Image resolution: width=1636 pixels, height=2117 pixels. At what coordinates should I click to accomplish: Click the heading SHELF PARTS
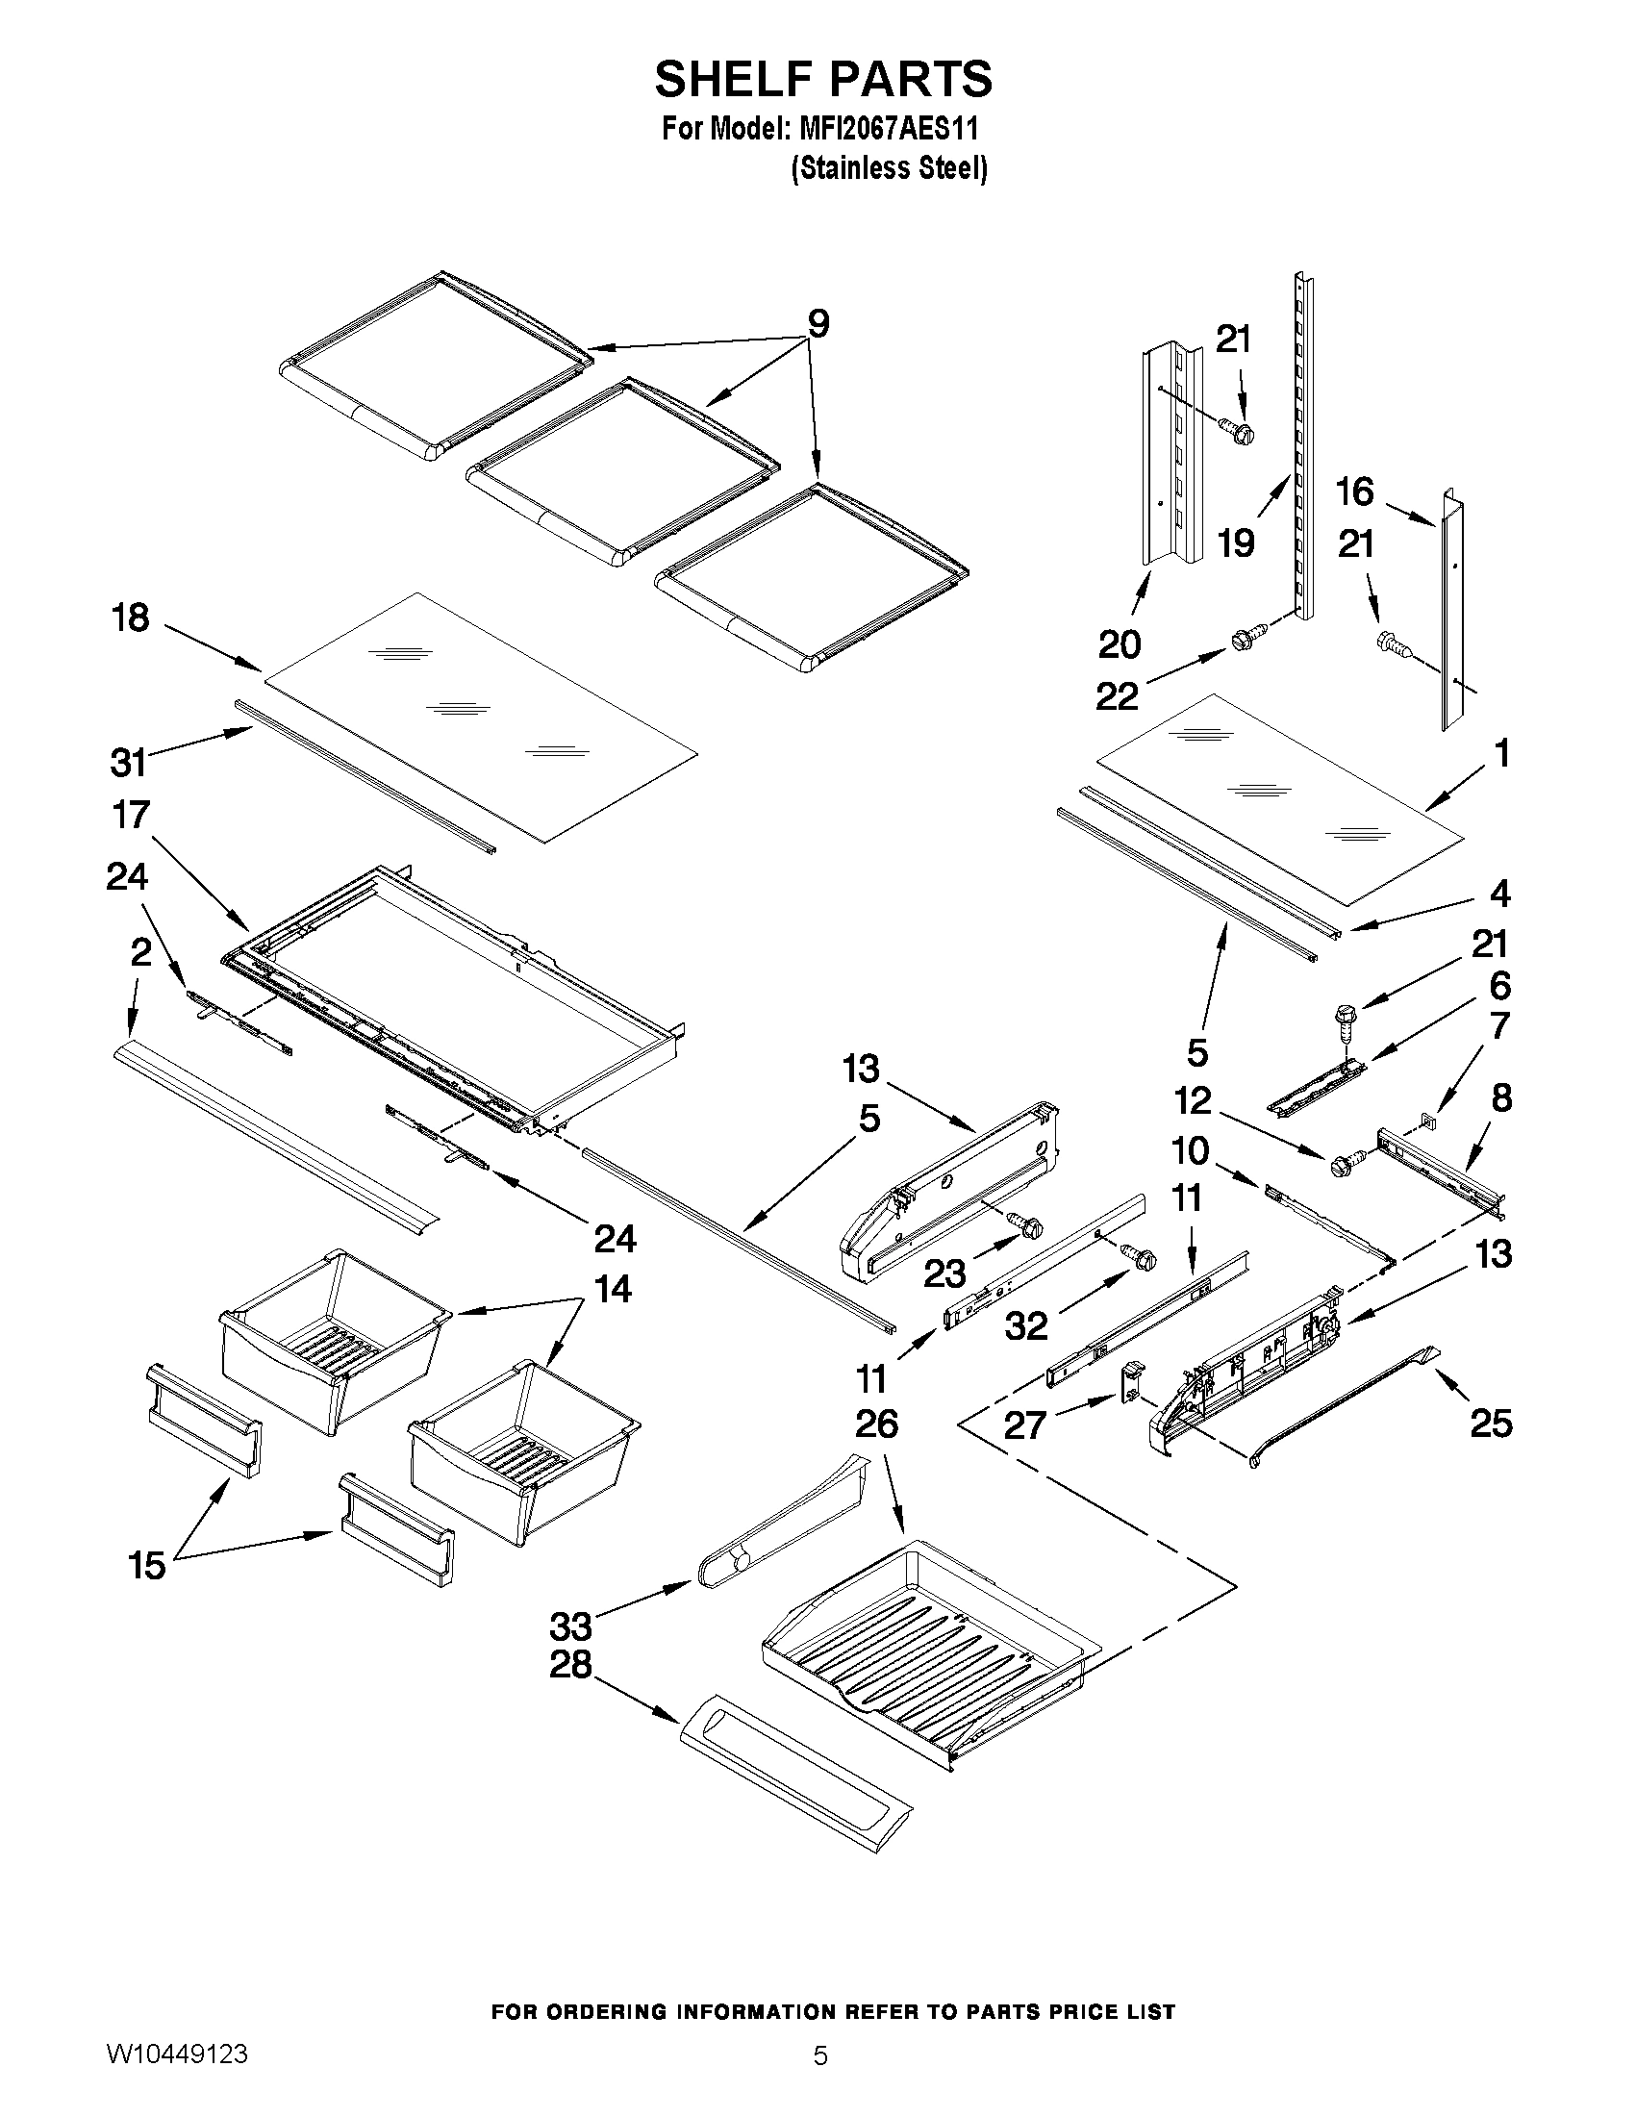823,80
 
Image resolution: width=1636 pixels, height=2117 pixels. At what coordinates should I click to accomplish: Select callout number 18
131,617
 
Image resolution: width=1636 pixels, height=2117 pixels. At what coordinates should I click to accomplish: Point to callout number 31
128,762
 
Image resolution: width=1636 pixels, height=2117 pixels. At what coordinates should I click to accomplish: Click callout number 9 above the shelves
818,324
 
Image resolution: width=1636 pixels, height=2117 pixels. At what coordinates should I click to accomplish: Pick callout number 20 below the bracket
1120,643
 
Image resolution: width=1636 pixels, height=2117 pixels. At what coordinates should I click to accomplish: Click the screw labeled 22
1244,641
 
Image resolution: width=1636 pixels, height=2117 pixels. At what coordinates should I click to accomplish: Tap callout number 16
1355,491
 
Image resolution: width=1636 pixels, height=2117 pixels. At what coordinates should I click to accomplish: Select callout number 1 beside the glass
1501,753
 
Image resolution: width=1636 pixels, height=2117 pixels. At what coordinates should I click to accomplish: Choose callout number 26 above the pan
876,1424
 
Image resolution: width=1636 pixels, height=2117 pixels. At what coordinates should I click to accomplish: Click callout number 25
1491,1424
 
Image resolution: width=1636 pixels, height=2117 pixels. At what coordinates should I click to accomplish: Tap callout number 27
1024,1424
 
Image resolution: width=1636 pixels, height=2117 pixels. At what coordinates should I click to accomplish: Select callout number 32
1026,1325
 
